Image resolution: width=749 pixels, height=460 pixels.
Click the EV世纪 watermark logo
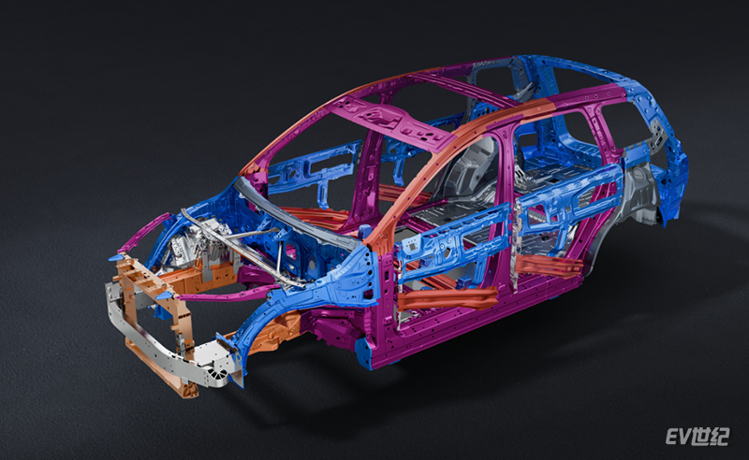tap(698, 436)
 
